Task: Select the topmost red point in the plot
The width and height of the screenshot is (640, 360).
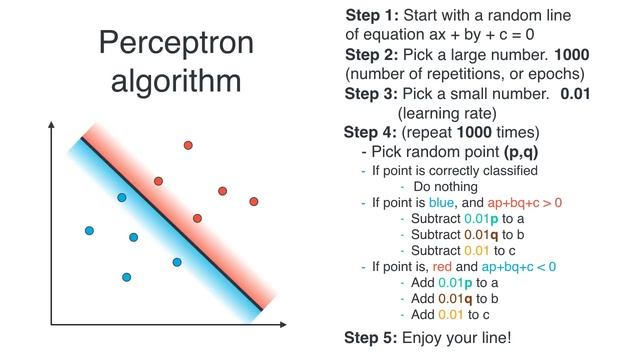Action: [x=187, y=146]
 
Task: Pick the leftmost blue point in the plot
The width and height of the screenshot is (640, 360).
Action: [x=89, y=231]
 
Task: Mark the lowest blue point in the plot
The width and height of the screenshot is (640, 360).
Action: [x=126, y=277]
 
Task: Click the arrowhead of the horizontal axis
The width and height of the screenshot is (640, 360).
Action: [x=287, y=325]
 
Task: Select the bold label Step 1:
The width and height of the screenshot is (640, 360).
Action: [x=373, y=16]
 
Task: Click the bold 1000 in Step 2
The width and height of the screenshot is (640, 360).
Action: [x=571, y=55]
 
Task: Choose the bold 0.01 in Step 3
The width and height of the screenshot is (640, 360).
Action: [x=578, y=94]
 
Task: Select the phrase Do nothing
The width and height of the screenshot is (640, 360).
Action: [x=448, y=186]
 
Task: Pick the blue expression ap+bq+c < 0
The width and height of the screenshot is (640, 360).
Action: [x=518, y=267]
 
